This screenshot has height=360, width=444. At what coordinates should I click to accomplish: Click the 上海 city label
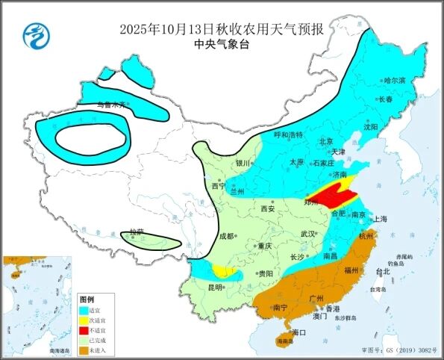coord(380,219)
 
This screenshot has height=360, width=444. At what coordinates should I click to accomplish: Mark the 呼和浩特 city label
coord(288,135)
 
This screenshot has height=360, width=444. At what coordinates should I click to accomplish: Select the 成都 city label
coord(226,237)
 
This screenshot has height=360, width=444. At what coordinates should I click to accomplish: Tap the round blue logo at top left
coord(33,34)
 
